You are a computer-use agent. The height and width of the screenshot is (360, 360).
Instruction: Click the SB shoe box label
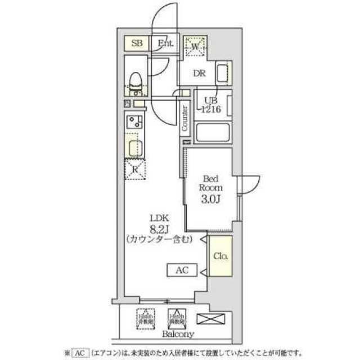[x=136, y=43]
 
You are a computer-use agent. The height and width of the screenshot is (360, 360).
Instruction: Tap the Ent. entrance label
[x=165, y=43]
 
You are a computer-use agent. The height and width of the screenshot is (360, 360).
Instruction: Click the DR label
[x=199, y=74]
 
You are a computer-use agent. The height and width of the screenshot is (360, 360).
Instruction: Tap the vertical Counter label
[x=184, y=118]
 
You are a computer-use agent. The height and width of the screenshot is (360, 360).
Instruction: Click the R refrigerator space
[x=135, y=169]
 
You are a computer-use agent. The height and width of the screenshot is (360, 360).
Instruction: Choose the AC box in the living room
[x=182, y=271]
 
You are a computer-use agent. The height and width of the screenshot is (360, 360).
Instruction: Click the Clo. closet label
[x=220, y=256]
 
